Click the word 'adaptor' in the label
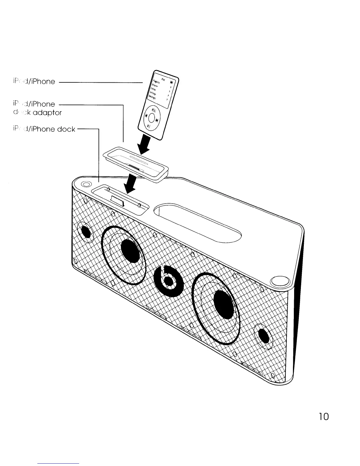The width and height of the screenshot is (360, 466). pyautogui.click(x=48, y=113)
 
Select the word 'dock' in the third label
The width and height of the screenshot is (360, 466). pyautogui.click(x=66, y=129)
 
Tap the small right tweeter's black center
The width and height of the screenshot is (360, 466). pyautogui.click(x=264, y=335)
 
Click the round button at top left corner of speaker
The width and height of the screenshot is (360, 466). pyautogui.click(x=86, y=184)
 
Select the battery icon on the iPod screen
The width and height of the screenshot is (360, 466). pyautogui.click(x=171, y=83)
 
